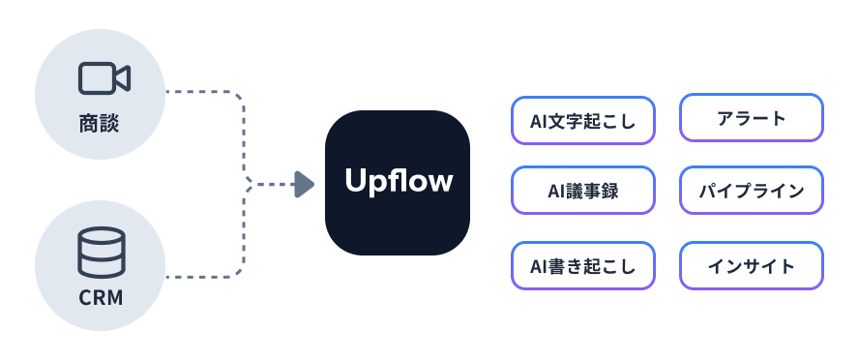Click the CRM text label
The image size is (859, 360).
(x=101, y=297)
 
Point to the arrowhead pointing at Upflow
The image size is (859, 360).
(x=304, y=184)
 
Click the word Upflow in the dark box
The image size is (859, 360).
(x=398, y=181)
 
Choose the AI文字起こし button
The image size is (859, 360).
(x=583, y=120)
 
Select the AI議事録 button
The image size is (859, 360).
(x=583, y=192)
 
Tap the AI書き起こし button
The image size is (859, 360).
(x=583, y=265)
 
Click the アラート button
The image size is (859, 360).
(x=752, y=119)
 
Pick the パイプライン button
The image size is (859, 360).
(x=752, y=192)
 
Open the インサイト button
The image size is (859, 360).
(x=752, y=265)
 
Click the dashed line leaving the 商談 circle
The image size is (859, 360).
(x=198, y=93)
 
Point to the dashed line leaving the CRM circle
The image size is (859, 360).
(x=198, y=277)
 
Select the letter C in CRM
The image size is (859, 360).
(x=84, y=297)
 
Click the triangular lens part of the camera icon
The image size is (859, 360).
(x=123, y=79)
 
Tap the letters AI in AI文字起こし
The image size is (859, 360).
(x=539, y=120)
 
